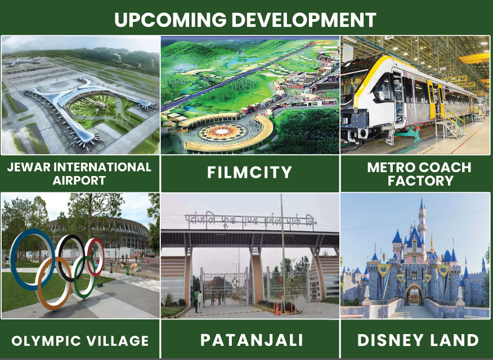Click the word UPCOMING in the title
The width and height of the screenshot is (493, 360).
170,20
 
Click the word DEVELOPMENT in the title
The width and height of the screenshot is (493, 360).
304,20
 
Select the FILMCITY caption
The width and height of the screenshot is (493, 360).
250,172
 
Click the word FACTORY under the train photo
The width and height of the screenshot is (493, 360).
420,181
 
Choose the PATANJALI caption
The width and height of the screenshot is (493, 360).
252,340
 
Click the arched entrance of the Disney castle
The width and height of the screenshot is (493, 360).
414,295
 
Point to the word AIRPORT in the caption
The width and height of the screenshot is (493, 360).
79,181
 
